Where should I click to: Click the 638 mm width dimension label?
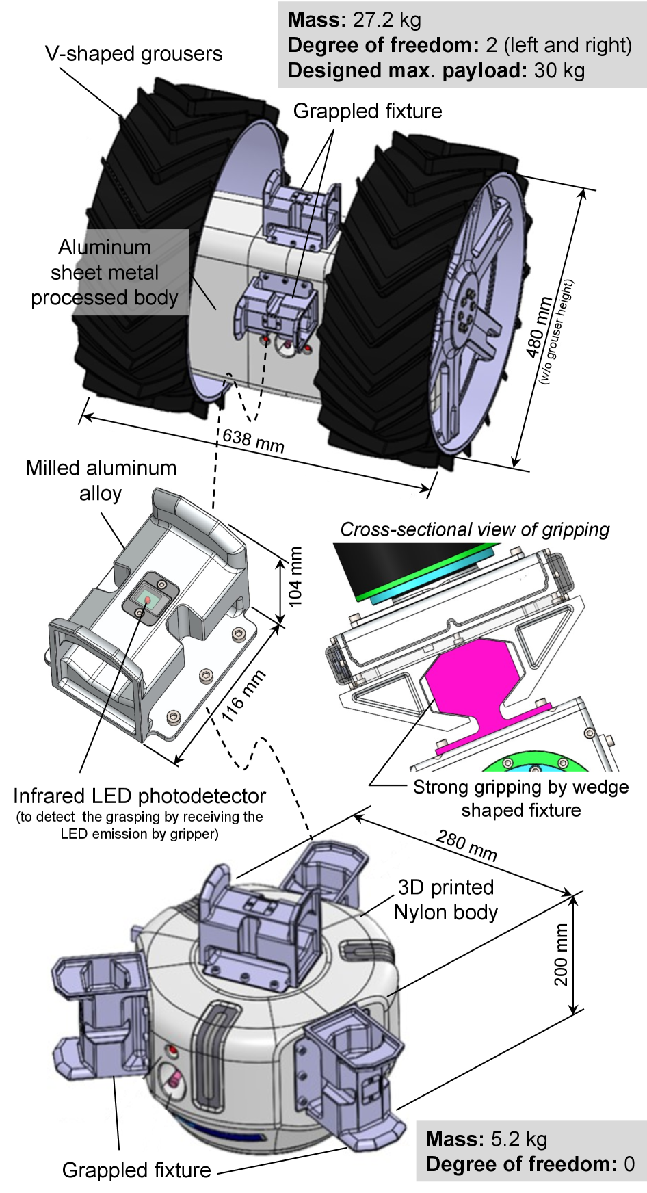[x=253, y=441]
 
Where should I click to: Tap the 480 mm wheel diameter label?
[x=540, y=327]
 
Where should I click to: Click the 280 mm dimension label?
[x=466, y=846]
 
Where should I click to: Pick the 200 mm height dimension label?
[x=562, y=954]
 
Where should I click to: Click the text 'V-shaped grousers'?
[x=134, y=54]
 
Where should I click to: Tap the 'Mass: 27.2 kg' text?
[x=354, y=20]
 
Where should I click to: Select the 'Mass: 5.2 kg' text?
[x=486, y=1139]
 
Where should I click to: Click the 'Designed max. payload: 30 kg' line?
[x=436, y=70]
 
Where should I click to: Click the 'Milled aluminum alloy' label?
[x=101, y=480]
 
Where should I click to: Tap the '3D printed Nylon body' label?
[x=446, y=900]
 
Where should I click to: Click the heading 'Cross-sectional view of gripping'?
[x=475, y=529]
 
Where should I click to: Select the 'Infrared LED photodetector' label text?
[x=140, y=796]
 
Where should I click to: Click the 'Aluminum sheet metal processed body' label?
[x=105, y=272]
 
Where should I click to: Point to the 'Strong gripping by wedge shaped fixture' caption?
[x=520, y=798]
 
